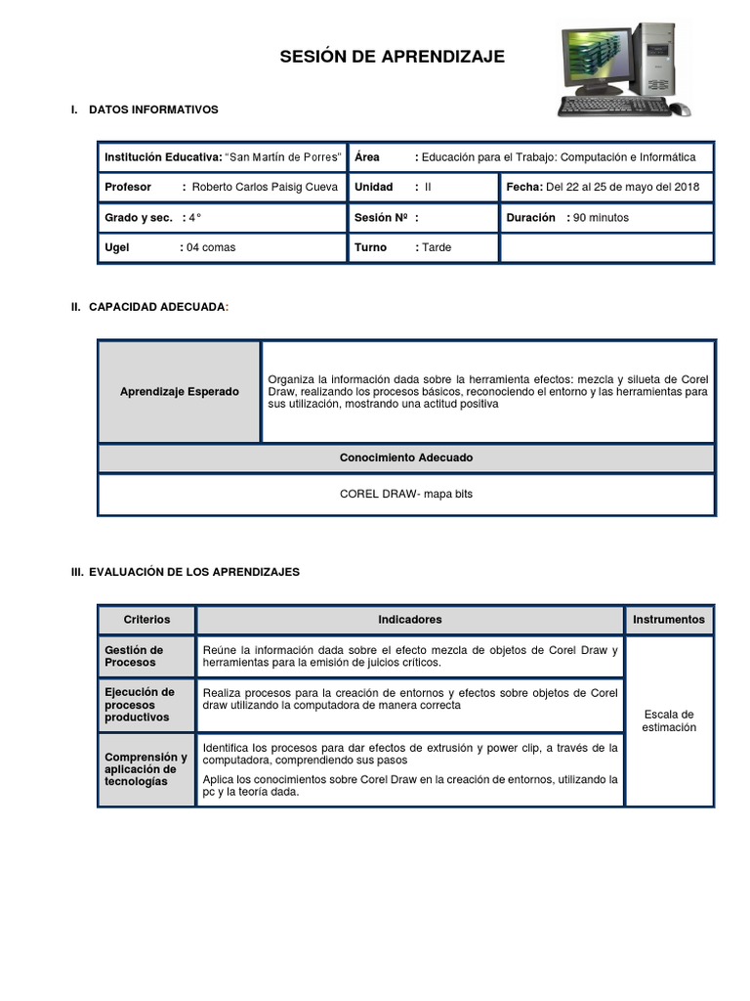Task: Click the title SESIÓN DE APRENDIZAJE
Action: point(392,58)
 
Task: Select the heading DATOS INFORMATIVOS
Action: point(153,109)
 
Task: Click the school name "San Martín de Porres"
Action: point(284,156)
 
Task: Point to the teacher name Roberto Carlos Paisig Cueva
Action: point(265,187)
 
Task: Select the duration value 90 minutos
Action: point(602,217)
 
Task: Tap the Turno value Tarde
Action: point(437,247)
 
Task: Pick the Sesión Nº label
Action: point(382,217)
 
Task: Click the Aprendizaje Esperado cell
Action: point(179,391)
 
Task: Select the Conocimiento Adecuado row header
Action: point(405,457)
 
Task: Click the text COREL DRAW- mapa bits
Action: point(405,495)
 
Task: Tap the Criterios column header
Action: point(146,620)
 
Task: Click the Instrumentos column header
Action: point(669,620)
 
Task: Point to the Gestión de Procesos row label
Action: point(134,656)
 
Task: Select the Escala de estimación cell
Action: point(669,720)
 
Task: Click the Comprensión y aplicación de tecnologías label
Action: point(146,769)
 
